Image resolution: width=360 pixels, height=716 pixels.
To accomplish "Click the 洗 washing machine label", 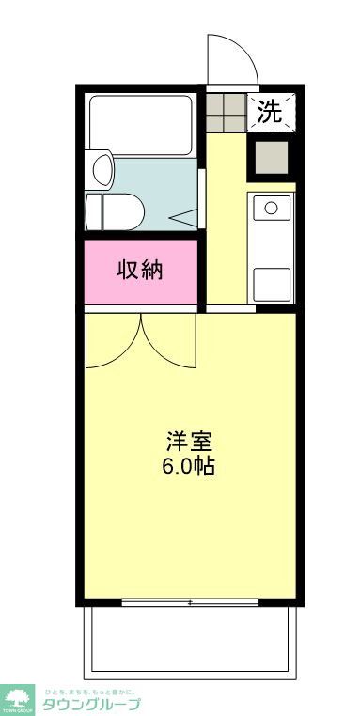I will pyautogui.click(x=270, y=112).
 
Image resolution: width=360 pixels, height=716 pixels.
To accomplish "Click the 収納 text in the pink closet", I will pyautogui.click(x=140, y=271).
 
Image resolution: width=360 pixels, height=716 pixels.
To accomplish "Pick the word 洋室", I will pyautogui.click(x=190, y=441).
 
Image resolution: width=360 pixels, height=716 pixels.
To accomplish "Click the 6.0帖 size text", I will pyautogui.click(x=190, y=466).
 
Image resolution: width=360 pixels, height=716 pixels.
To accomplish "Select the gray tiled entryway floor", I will pyautogui.click(x=226, y=112).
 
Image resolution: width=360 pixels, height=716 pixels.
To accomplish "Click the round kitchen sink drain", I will pyautogui.click(x=271, y=207).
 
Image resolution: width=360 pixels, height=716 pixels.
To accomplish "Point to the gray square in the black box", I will pyautogui.click(x=270, y=157).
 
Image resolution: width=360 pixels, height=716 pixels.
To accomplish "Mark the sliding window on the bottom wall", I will pyautogui.click(x=190, y=602).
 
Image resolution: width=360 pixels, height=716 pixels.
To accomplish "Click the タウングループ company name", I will pyautogui.click(x=90, y=704).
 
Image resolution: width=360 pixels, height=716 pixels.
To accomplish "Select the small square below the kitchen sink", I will pyautogui.click(x=271, y=280).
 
